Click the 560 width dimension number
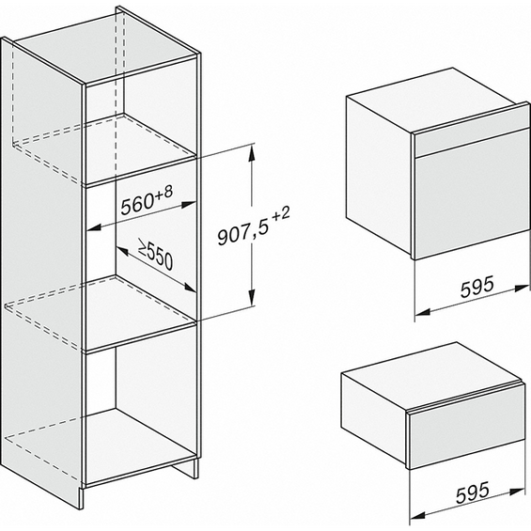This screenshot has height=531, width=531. pos(137,204)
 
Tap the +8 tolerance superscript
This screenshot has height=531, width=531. pos(164,193)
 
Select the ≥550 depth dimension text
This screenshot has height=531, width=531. pos(155,255)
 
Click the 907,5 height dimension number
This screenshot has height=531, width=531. pos(242,231)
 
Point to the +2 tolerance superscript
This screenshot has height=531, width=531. pos(281,215)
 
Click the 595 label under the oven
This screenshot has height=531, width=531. pos(476,287)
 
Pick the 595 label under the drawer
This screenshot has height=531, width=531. pos(473,492)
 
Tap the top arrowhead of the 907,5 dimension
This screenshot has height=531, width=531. pos(251,153)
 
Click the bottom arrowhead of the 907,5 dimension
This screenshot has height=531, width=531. pos(251,297)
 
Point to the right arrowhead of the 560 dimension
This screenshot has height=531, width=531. pos(188,205)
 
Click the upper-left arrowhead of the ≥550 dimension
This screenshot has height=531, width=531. pos(121,251)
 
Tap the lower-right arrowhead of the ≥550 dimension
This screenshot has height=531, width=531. pos(190,288)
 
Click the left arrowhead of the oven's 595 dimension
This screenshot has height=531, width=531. pos(422,311)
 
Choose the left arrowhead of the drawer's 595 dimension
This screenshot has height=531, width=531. pos(417,515)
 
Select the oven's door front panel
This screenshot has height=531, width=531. pos(472,201)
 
